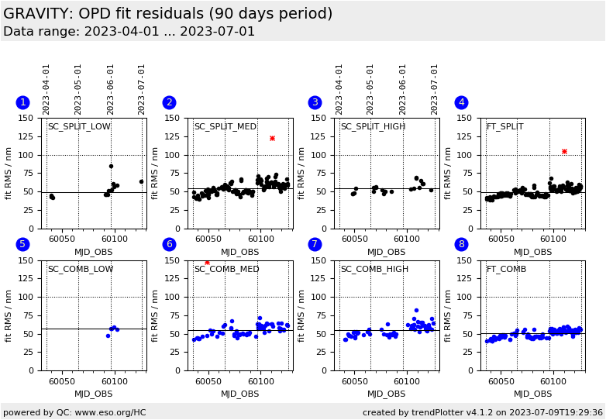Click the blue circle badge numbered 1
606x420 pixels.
pos(22,102)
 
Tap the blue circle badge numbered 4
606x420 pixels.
pos(461,102)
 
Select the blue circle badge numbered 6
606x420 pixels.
pos(169,244)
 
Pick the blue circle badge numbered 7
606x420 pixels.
pos(315,244)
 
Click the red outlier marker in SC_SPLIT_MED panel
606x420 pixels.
pos(272,138)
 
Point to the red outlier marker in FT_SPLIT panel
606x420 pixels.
pos(564,151)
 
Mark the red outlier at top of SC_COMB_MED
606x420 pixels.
pos(207,263)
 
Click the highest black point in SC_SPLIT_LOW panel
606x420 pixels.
pos(111,166)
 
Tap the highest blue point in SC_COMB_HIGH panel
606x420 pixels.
pos(416,311)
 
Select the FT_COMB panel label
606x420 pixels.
pos(506,270)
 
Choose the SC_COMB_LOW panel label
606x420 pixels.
pos(81,270)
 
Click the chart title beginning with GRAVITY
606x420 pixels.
pos(167,14)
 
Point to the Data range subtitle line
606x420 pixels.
pos(129,32)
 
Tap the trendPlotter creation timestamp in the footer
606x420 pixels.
pos(482,412)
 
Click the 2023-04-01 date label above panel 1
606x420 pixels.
pos(47,89)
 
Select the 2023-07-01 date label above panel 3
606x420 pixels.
pos(435,89)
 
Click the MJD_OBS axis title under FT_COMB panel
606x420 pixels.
pos(533,394)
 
